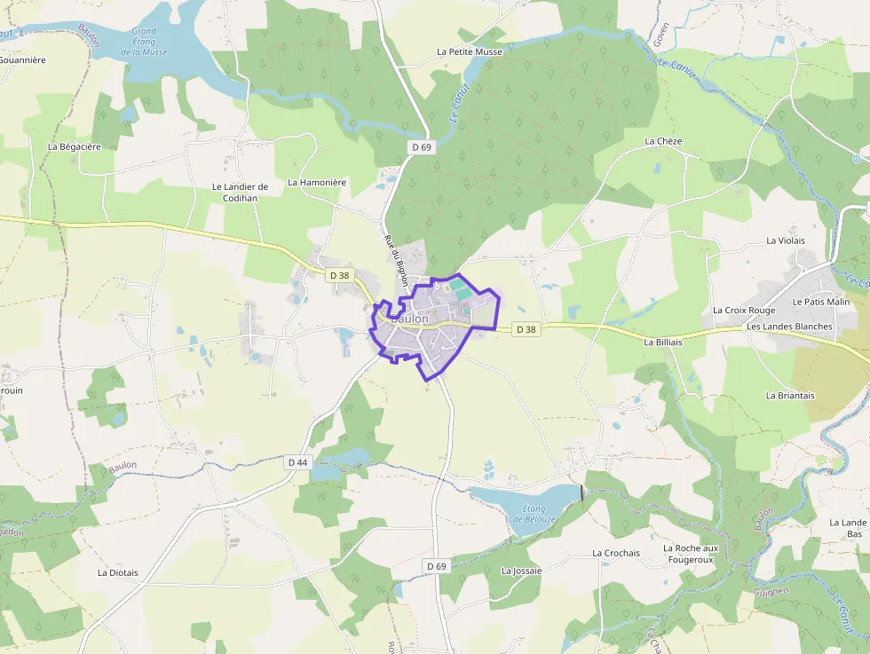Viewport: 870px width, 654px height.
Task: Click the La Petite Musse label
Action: pyautogui.click(x=470, y=51)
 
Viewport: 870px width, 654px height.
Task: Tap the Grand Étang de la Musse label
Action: pyautogui.click(x=144, y=42)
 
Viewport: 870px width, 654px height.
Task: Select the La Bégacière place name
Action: pyautogui.click(x=81, y=146)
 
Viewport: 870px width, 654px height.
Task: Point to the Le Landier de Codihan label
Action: pyautogui.click(x=240, y=192)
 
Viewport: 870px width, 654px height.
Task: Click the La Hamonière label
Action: pyautogui.click(x=317, y=182)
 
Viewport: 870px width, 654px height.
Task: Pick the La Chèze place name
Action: pyautogui.click(x=663, y=141)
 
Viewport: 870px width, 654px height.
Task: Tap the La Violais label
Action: pyautogui.click(x=786, y=240)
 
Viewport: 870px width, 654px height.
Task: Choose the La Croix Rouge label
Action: pyautogui.click(x=744, y=311)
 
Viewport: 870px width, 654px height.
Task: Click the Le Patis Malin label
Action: pyautogui.click(x=821, y=302)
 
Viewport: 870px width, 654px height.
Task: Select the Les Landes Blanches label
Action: pyautogui.click(x=789, y=327)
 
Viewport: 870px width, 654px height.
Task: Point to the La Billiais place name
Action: pyautogui.click(x=663, y=342)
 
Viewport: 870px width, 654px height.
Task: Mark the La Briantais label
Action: pyautogui.click(x=790, y=395)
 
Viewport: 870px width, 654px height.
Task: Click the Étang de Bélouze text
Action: pyautogui.click(x=540, y=514)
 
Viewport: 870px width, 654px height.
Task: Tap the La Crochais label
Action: pyautogui.click(x=616, y=553)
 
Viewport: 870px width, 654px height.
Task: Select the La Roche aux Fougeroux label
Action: pyautogui.click(x=691, y=554)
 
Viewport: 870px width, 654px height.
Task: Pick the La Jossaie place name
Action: pyautogui.click(x=521, y=571)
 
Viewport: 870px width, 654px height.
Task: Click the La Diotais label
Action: pyautogui.click(x=118, y=572)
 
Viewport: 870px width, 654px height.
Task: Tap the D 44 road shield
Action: pyautogui.click(x=298, y=462)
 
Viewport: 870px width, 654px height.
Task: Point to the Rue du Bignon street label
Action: pyautogui.click(x=396, y=264)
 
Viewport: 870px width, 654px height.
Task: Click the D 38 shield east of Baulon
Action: pyautogui.click(x=526, y=329)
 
